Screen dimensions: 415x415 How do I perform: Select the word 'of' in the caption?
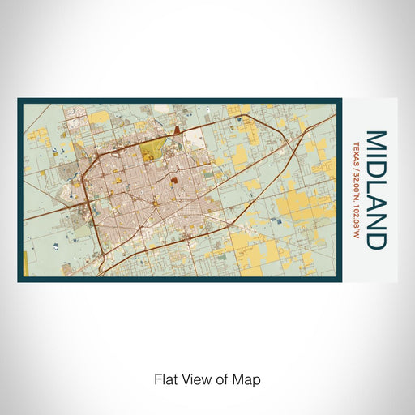click(220, 379)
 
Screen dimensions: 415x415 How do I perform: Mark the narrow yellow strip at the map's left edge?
click(25, 261)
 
